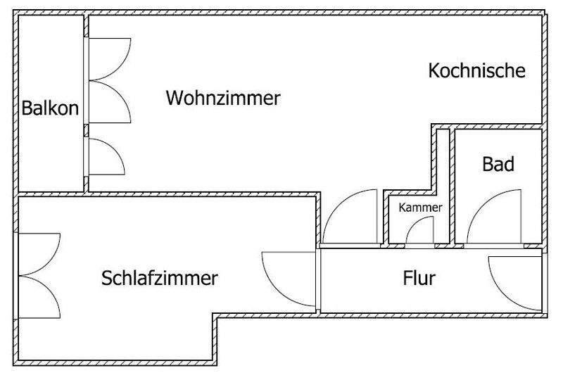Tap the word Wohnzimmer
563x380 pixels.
[x=223, y=98]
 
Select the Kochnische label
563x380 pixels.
[x=477, y=70]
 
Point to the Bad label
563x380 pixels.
[x=498, y=165]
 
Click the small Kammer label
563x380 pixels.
[x=420, y=208]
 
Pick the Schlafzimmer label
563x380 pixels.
[x=160, y=277]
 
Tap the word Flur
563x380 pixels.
[x=419, y=277]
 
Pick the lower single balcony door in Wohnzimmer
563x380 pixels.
[x=106, y=156]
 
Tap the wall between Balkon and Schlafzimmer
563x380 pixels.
[x=51, y=194]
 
